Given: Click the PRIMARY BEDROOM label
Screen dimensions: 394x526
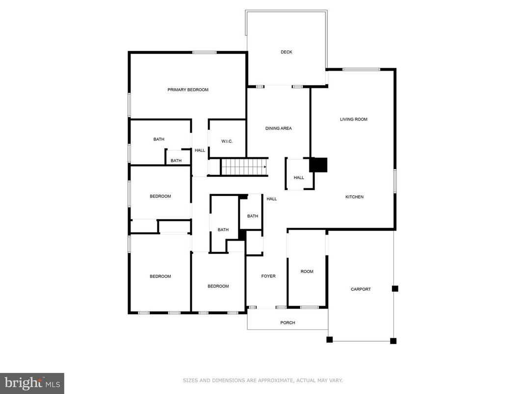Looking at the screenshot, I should click(x=188, y=90).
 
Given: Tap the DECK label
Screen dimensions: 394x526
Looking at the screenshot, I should click(x=286, y=52).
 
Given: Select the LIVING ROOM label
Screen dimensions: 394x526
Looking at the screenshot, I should click(x=354, y=119).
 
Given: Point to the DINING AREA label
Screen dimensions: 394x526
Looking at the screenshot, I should click(x=278, y=128).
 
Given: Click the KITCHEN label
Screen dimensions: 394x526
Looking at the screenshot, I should click(x=354, y=197).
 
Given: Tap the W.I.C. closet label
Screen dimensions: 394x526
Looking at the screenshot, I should click(x=227, y=141).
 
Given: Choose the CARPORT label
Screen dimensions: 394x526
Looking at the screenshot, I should click(x=361, y=289).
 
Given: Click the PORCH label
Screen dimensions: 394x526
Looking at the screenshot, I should click(x=288, y=322).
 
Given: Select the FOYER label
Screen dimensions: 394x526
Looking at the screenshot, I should click(x=268, y=276).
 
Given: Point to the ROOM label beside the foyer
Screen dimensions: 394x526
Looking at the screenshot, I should click(x=307, y=271).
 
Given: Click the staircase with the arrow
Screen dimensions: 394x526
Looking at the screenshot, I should click(x=244, y=167).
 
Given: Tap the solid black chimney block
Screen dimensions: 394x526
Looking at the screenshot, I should click(x=318, y=165).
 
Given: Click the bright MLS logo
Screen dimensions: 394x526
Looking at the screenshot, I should click(x=32, y=383).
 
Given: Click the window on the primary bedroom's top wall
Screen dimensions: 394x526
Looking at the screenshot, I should click(x=205, y=52).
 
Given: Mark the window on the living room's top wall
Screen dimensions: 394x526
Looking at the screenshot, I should click(x=361, y=70).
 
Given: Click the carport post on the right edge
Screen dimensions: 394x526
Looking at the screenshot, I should click(x=395, y=289).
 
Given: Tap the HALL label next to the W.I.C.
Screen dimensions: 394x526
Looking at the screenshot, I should click(x=200, y=150).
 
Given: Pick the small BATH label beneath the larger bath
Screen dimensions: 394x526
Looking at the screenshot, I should click(x=176, y=161).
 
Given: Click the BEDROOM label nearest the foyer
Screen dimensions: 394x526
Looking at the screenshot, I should click(x=218, y=286).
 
